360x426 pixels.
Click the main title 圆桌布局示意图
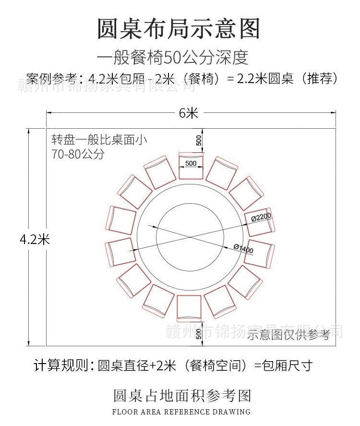coord(179,29)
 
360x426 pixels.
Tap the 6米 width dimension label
coord(189,113)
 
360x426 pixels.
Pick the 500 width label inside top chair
coord(191,163)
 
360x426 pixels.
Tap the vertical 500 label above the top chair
coord(199,140)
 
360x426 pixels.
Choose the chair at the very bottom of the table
coord(189,308)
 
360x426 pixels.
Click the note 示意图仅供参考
coord(289,335)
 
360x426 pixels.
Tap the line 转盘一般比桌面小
coord(99,141)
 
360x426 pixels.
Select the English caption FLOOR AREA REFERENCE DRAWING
coord(181,412)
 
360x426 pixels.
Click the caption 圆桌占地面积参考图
coord(182,396)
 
